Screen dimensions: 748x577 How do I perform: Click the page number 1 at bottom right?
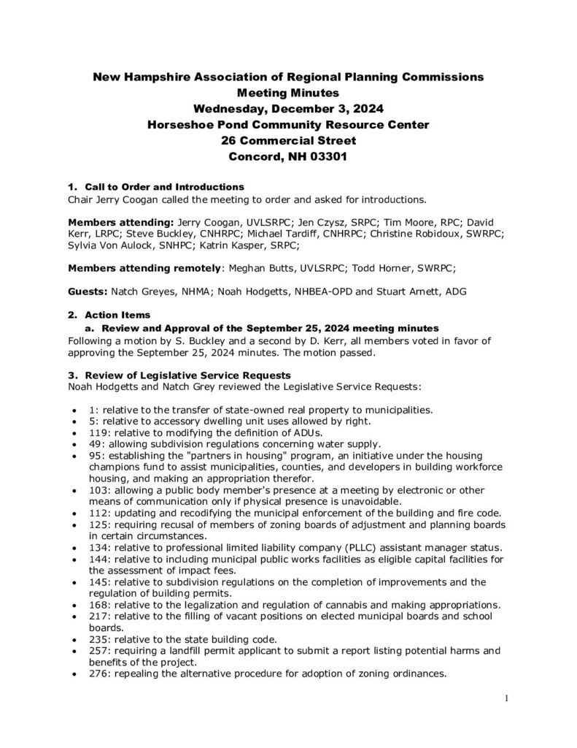tap(506, 698)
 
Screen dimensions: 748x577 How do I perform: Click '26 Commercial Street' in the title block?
tap(288, 140)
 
